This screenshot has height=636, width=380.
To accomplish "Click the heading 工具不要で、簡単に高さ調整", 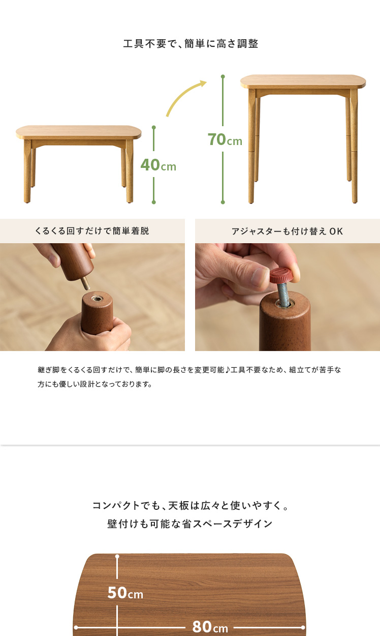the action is click(x=191, y=44).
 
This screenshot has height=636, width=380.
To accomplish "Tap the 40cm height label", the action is click(x=158, y=165).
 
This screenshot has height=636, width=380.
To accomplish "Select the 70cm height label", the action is click(x=225, y=139).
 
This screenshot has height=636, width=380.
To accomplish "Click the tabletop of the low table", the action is click(x=79, y=132).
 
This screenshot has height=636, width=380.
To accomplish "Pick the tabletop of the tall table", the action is click(x=303, y=81).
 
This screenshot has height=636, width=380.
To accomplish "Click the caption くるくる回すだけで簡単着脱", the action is click(x=91, y=231).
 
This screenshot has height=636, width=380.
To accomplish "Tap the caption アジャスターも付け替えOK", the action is click(x=287, y=231).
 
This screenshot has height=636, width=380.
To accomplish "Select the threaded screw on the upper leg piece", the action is click(x=86, y=283).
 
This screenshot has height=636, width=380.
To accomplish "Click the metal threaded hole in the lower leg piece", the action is click(x=97, y=298).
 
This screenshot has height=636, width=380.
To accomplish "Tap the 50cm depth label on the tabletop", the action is click(x=125, y=593).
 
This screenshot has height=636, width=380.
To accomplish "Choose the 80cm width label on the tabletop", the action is click(x=210, y=627).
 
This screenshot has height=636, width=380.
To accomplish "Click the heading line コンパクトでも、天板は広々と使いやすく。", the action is click(x=191, y=506).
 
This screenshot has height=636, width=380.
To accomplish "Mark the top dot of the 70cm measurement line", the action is click(x=223, y=77).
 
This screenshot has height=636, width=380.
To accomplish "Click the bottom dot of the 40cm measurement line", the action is click(x=154, y=202).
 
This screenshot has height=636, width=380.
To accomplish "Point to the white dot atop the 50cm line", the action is click(x=117, y=557).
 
